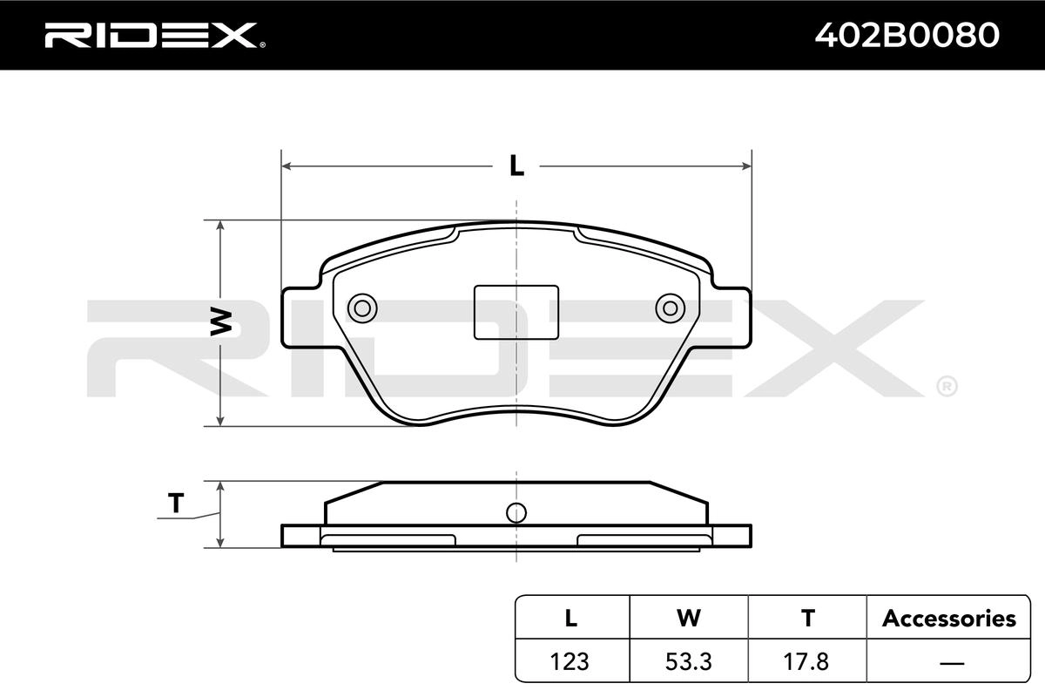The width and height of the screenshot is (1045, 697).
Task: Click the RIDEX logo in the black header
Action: (x=155, y=36)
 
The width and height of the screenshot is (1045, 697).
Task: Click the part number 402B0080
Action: (x=907, y=36)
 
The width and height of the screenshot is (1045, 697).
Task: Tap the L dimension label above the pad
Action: (x=516, y=166)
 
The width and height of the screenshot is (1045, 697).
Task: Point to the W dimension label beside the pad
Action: (x=220, y=321)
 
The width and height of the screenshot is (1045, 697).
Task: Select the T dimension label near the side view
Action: (x=176, y=504)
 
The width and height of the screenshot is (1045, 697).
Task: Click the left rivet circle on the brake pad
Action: (x=362, y=308)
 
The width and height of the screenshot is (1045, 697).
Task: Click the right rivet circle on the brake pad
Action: (x=671, y=308)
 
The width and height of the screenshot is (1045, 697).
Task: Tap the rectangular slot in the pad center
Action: (x=516, y=312)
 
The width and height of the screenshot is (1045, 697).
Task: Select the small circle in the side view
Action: (x=516, y=513)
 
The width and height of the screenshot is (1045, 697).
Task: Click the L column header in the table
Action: (x=571, y=618)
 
